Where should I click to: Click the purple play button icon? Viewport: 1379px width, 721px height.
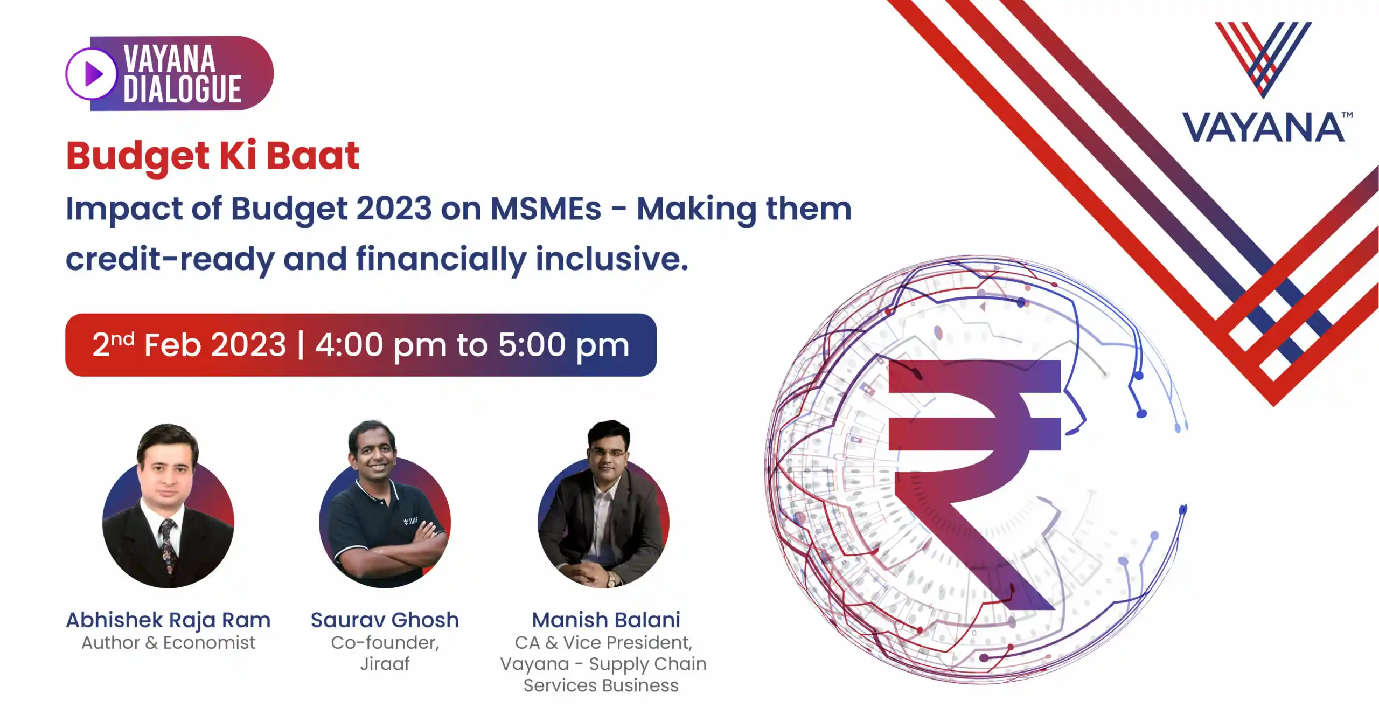coord(92,74)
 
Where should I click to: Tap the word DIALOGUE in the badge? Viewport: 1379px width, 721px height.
coord(182,89)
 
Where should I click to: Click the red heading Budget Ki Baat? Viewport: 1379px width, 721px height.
coord(213,156)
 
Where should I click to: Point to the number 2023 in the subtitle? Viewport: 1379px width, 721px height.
coord(394,209)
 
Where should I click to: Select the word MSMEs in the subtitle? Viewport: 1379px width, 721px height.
coord(546,209)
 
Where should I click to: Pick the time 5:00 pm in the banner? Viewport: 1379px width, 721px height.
coord(563,345)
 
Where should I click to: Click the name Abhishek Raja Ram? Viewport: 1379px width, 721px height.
coord(168,620)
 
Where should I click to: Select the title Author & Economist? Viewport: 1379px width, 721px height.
coord(168,643)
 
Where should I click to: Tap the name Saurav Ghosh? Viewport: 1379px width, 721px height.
coord(385,620)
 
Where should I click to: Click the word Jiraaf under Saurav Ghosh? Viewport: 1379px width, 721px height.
coord(385,664)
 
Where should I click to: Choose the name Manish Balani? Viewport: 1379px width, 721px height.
coord(606,620)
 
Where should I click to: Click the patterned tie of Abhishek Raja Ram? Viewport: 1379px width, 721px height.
coord(168,544)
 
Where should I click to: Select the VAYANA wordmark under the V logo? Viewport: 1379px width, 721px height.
coord(1263,128)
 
